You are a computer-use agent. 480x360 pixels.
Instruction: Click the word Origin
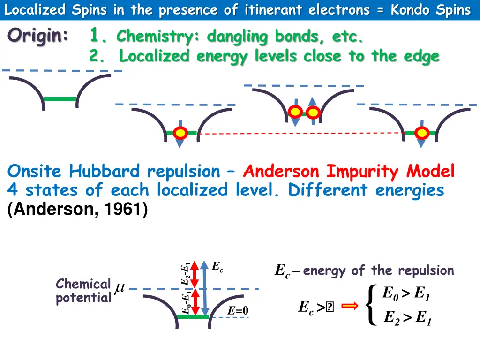tap(37, 37)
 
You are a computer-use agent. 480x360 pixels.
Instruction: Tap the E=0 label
tap(238, 311)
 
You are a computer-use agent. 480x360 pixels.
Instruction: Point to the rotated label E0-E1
tap(186, 303)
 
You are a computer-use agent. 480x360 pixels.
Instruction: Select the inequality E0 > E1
tap(406, 294)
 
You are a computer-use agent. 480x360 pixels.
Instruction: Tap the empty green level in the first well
tap(60, 99)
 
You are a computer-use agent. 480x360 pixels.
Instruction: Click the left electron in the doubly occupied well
tap(295, 112)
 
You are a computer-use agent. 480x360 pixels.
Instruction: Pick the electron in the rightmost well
tap(422, 134)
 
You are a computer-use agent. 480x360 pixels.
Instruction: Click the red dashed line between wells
tap(300, 134)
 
